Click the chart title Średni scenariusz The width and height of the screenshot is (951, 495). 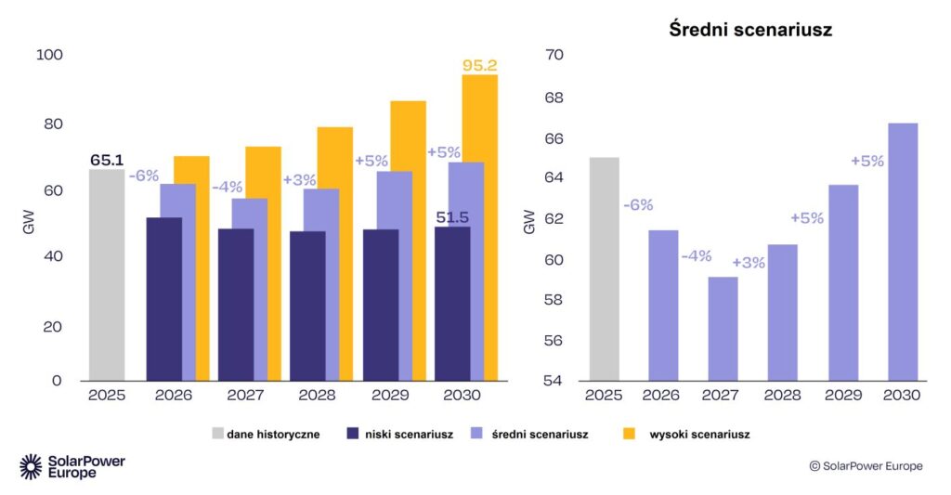749,30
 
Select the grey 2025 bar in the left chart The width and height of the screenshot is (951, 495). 106,274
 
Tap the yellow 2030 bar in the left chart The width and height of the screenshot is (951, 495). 480,228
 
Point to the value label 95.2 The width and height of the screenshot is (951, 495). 480,65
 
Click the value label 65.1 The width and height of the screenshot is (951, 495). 108,160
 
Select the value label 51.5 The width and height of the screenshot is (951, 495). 452,217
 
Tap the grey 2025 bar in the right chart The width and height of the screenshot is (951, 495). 604,268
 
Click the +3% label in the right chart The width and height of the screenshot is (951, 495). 748,263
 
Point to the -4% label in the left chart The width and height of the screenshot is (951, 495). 227,187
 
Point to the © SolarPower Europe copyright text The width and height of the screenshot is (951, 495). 866,466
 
